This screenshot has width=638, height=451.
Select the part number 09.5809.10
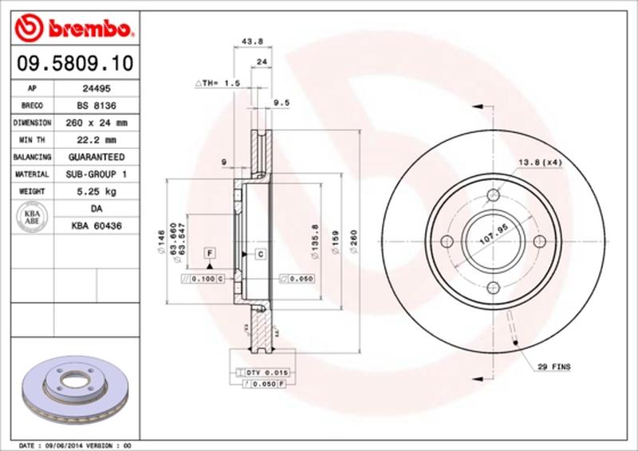(x=71, y=61)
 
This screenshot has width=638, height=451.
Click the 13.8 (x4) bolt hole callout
(x=541, y=163)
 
